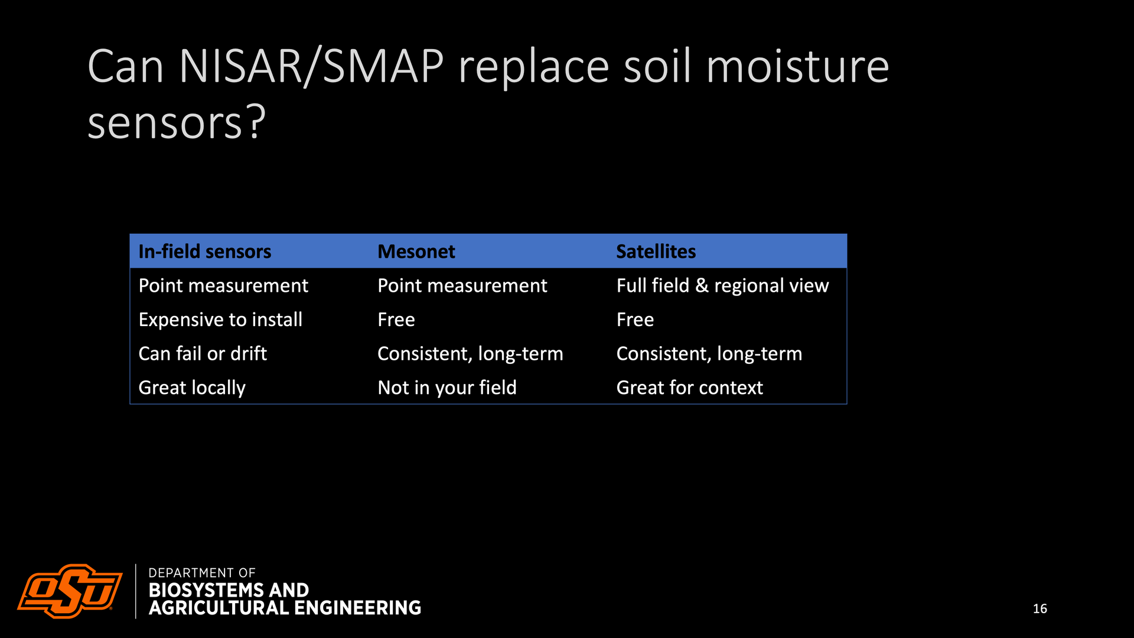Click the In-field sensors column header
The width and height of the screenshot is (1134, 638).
point(204,252)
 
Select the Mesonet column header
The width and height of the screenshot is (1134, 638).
point(416,252)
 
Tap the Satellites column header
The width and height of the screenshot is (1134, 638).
point(656,252)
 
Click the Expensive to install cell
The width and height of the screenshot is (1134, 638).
point(220,320)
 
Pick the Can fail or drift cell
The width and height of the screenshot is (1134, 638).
point(203,353)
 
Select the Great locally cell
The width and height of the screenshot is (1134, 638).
point(192,388)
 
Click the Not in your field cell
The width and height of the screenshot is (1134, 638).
point(447,388)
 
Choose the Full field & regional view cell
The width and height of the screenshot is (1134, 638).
point(722,286)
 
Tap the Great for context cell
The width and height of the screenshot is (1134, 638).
point(689,388)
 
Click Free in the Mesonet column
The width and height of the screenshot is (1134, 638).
point(396,320)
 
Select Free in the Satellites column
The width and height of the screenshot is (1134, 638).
point(635,320)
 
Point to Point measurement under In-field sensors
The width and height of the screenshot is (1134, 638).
point(223,286)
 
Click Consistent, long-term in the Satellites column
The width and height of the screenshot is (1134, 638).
point(709,354)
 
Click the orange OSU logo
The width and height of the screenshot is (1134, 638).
point(70,591)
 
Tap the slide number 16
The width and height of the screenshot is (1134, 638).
point(1040,608)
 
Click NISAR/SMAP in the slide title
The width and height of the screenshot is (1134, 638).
point(311,66)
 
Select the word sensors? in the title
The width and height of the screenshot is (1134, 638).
point(177,122)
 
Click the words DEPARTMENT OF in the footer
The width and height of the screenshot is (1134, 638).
point(202,573)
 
